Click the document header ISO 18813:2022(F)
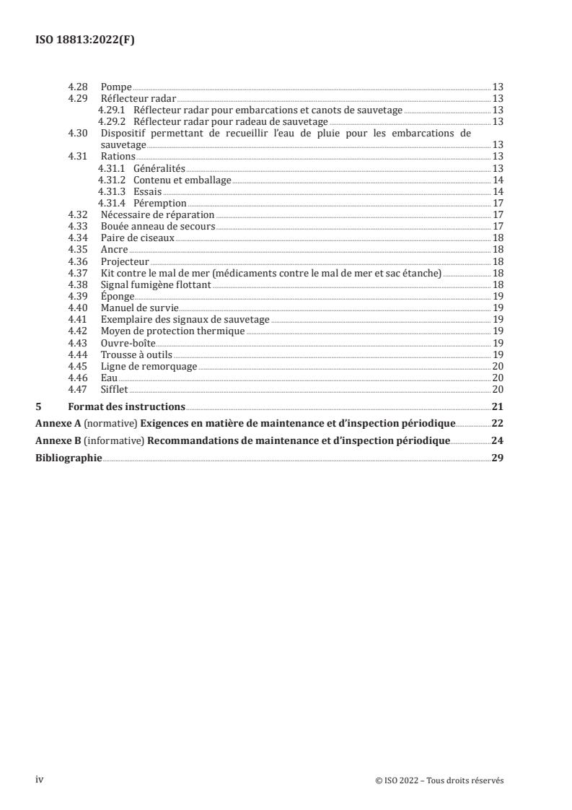point(85,40)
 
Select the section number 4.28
point(77,87)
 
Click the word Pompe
point(116,87)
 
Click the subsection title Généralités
point(159,168)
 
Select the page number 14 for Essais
point(497,191)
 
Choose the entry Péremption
point(160,203)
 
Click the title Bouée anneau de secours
point(158,226)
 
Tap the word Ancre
point(115,249)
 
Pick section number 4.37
point(77,272)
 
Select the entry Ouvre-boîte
point(128,342)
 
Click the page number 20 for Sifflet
point(497,389)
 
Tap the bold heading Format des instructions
point(126,406)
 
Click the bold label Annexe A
point(58,423)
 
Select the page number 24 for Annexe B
point(497,440)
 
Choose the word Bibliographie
point(69,458)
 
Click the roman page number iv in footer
point(40,780)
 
